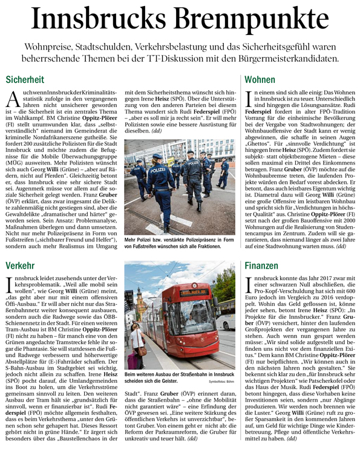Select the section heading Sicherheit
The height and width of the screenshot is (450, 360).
coord(25,79)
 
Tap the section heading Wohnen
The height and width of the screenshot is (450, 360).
coord(260,79)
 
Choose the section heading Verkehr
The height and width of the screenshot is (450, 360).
coord(21,266)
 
